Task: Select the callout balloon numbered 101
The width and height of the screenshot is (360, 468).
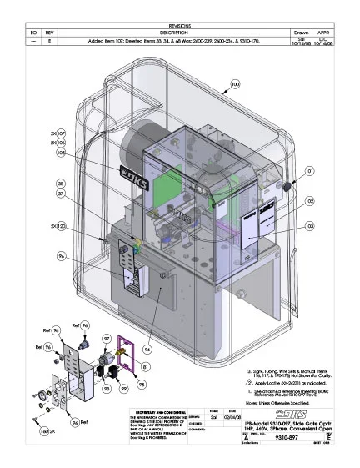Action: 309,171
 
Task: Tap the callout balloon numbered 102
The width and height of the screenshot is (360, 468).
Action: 309,201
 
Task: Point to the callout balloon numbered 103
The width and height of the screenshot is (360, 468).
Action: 309,226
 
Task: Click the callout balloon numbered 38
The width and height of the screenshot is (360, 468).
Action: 60,183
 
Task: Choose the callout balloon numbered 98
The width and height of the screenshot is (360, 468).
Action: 107,389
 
